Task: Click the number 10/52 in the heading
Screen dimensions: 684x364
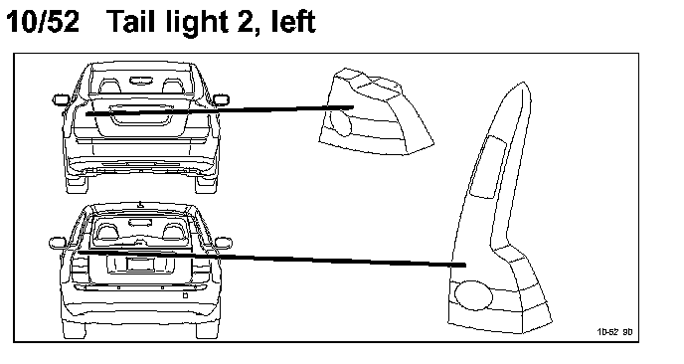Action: [43, 22]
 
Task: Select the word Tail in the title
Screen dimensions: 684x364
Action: [131, 21]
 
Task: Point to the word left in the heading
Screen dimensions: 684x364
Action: [293, 22]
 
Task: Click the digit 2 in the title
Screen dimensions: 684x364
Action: [248, 22]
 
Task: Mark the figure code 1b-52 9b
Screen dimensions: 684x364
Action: [614, 332]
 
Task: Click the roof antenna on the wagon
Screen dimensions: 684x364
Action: [140, 204]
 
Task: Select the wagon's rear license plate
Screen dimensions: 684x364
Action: [140, 265]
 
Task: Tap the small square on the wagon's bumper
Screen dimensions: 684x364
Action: [185, 295]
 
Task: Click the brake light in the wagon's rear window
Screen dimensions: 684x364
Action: [140, 223]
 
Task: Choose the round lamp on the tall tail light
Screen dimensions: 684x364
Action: [474, 295]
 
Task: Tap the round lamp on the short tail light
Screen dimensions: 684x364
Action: [341, 122]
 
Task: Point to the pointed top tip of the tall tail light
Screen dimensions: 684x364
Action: [524, 83]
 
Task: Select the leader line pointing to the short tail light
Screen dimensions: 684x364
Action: [220, 110]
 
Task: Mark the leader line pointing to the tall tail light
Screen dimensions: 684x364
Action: [271, 259]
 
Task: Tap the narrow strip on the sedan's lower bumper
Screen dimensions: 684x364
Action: [141, 164]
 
